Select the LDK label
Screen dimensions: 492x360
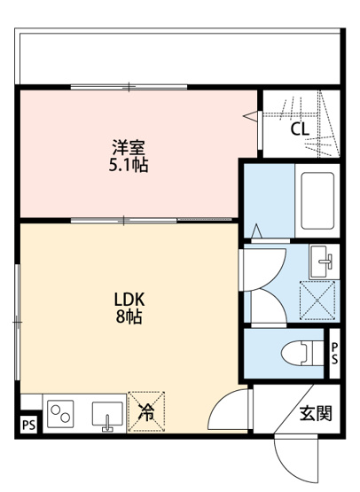[128, 298]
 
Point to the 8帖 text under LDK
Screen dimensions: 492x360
[128, 316]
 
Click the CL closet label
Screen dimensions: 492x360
[300, 129]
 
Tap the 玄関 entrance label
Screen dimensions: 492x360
[314, 412]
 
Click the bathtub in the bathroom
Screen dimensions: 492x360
[316, 199]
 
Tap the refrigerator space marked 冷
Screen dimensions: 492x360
[146, 411]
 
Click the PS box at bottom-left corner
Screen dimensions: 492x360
[28, 426]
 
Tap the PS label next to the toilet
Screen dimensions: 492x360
[334, 353]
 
